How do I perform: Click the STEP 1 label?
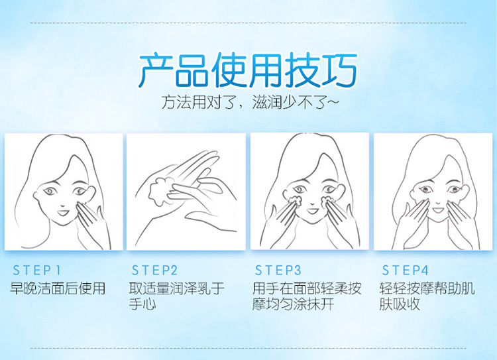point(36,270)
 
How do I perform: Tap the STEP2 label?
point(154,270)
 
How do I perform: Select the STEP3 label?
point(278,270)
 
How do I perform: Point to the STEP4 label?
point(405,270)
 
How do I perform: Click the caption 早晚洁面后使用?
point(58,288)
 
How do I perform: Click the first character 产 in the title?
point(156,70)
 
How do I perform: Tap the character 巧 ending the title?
point(339,70)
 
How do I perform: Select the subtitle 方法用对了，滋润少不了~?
point(250,102)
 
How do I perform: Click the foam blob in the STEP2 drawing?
point(161,192)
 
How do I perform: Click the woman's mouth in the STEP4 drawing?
point(439,210)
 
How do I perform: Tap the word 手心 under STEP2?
point(142,304)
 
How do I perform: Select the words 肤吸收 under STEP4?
point(400,304)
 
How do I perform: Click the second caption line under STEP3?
point(293,304)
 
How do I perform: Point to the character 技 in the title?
point(302,70)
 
